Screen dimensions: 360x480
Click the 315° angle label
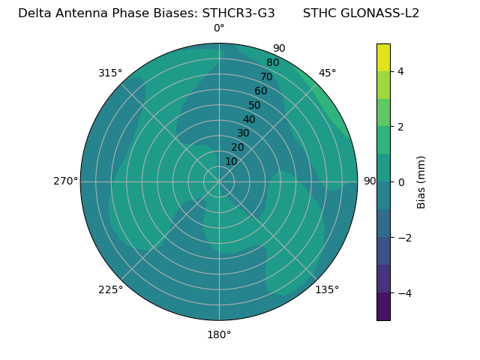click(x=110, y=73)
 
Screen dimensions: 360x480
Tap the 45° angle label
click(x=328, y=73)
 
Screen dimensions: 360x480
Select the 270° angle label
click(x=65, y=181)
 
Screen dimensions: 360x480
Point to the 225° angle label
click(x=110, y=289)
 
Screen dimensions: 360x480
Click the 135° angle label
click(x=327, y=289)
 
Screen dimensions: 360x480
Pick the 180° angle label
click(x=219, y=334)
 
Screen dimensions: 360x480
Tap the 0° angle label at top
click(x=219, y=28)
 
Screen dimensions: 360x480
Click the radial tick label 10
click(x=231, y=161)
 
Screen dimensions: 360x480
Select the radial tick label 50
click(x=255, y=105)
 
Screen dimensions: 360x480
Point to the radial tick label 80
click(x=272, y=63)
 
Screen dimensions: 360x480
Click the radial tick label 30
click(x=243, y=133)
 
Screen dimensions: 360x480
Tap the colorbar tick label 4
click(x=400, y=71)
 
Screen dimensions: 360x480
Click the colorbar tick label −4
click(x=403, y=293)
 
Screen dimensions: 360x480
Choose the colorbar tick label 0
click(x=400, y=182)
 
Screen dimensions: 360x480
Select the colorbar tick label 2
click(x=400, y=127)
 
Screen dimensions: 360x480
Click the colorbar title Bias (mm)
click(x=421, y=182)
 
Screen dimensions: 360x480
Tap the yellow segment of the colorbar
click(x=383, y=57)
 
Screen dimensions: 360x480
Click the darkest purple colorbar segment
click(x=383, y=307)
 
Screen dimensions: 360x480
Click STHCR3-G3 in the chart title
click(x=238, y=13)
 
